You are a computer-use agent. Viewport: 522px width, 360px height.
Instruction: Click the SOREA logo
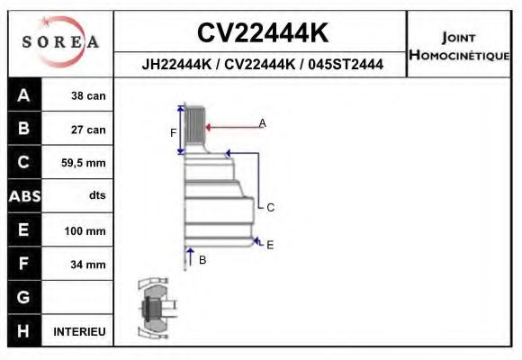tap(60, 42)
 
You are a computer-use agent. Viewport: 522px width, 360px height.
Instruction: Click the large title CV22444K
tap(262, 34)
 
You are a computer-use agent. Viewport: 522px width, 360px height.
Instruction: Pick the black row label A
tap(23, 95)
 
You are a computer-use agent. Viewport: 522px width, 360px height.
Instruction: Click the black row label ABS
tap(23, 196)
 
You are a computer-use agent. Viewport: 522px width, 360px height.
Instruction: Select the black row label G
tap(23, 297)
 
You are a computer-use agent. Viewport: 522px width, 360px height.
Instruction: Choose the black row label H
tap(23, 331)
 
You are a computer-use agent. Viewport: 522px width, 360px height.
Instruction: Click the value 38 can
tap(88, 95)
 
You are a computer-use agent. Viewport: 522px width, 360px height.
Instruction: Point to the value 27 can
tap(88, 130)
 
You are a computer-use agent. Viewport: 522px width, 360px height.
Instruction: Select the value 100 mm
tap(86, 230)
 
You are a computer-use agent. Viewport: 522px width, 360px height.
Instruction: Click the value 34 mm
tap(88, 265)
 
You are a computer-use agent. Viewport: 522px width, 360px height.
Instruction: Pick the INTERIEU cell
tap(80, 331)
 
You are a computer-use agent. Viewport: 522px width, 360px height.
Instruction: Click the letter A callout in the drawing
tap(262, 122)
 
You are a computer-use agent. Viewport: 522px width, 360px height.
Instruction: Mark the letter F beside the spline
tap(174, 133)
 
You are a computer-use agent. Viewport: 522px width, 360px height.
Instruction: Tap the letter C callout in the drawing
tap(269, 207)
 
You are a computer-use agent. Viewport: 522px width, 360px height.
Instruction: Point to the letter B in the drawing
tap(202, 259)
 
